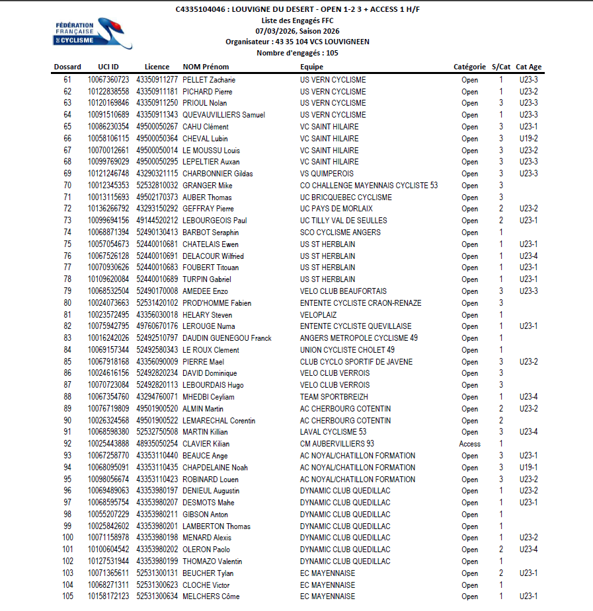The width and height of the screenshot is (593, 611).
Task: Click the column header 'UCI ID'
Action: click(108, 67)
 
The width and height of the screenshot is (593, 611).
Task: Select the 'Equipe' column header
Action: click(311, 67)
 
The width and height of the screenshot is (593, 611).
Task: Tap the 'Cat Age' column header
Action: click(528, 67)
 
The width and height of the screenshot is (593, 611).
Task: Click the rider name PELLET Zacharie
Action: click(209, 80)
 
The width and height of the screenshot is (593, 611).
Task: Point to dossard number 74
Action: click(67, 233)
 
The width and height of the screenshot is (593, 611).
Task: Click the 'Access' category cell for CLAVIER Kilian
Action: click(469, 444)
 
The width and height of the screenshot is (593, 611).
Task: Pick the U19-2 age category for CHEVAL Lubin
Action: click(528, 139)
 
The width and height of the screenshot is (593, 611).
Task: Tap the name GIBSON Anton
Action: click(205, 515)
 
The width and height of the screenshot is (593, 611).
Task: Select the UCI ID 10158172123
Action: click(108, 596)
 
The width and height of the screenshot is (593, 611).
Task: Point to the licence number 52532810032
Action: click(157, 186)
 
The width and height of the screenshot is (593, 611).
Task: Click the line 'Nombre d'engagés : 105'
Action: click(297, 53)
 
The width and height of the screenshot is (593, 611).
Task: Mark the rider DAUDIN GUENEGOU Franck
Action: click(227, 338)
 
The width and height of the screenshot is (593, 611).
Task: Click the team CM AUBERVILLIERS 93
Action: click(336, 444)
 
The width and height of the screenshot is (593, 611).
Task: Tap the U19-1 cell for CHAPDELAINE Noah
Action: click(528, 468)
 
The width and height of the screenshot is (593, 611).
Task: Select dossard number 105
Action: click(67, 596)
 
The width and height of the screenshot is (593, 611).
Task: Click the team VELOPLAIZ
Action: click(318, 315)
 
